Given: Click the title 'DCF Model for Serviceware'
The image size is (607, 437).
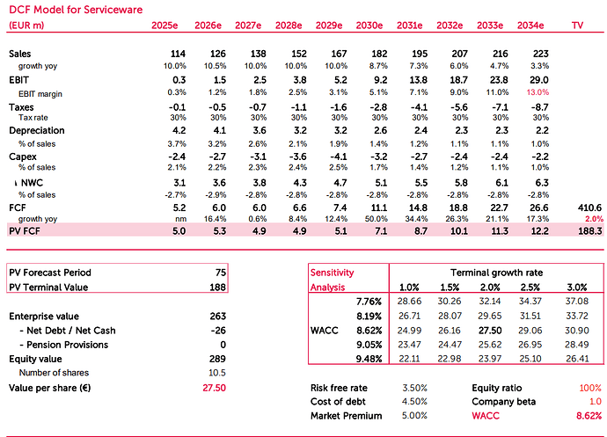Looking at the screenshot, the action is click(76, 10).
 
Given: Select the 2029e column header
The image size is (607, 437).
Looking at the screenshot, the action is click(329, 25).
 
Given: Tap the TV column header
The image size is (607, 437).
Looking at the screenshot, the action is click(577, 25).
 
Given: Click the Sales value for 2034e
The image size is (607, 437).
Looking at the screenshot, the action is click(540, 54).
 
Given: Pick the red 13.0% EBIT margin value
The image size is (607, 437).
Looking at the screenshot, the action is click(538, 92).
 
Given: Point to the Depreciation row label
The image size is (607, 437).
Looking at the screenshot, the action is click(37, 130).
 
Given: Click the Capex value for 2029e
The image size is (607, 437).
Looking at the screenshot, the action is click(339, 157).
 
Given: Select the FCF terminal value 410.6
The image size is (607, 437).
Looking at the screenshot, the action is click(590, 208).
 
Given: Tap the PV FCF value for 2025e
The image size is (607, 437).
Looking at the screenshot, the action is click(179, 231).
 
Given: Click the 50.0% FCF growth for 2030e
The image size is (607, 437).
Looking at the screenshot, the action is click(376, 219).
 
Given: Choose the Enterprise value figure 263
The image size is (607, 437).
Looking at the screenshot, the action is click(218, 317).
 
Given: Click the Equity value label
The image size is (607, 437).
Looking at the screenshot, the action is click(35, 360).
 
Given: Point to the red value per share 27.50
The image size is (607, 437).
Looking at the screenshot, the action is click(214, 388).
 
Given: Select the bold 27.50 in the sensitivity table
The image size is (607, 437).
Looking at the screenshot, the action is click(490, 331).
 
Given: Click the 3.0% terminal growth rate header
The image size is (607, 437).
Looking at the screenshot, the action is click(577, 288).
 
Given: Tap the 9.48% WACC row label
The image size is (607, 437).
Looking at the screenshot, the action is click(369, 359).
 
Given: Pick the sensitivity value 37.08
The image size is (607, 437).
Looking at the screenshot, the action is click(577, 301).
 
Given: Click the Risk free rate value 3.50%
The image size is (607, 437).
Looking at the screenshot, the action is click(414, 388).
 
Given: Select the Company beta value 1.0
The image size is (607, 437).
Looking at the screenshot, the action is click(596, 402).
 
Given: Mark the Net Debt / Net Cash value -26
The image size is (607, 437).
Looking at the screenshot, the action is click(218, 331).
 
